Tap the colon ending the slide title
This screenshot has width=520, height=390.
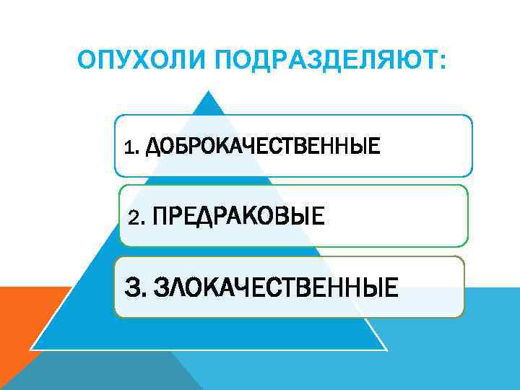click(442, 61)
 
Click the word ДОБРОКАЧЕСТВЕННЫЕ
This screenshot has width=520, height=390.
click(262, 147)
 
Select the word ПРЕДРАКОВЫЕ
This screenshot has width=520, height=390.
click(239, 214)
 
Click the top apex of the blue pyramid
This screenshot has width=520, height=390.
click(209, 91)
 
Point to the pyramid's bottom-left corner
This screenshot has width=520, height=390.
click(30, 349)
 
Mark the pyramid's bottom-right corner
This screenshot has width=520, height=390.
click(387, 349)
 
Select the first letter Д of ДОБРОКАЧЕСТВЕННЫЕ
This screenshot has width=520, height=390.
click(153, 148)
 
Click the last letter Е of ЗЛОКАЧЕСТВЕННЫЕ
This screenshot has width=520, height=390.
click(391, 286)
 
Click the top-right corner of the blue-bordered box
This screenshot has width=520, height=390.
click(471, 116)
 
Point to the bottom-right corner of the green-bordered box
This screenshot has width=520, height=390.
click(467, 246)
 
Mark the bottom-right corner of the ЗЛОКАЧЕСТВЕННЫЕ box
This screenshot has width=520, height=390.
click(463, 316)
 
